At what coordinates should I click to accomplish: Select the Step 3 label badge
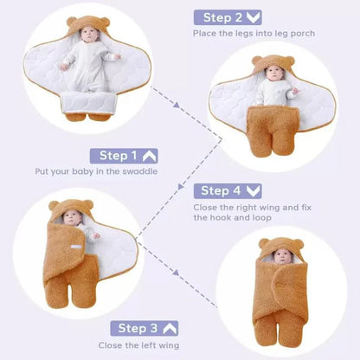click(145, 328)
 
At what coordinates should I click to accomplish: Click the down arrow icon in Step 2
click(253, 17)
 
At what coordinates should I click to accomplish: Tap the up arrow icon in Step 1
click(150, 156)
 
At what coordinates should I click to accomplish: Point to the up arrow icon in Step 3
click(170, 328)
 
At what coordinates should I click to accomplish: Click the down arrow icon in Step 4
click(253, 190)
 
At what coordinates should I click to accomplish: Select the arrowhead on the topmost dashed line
click(177, 105)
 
